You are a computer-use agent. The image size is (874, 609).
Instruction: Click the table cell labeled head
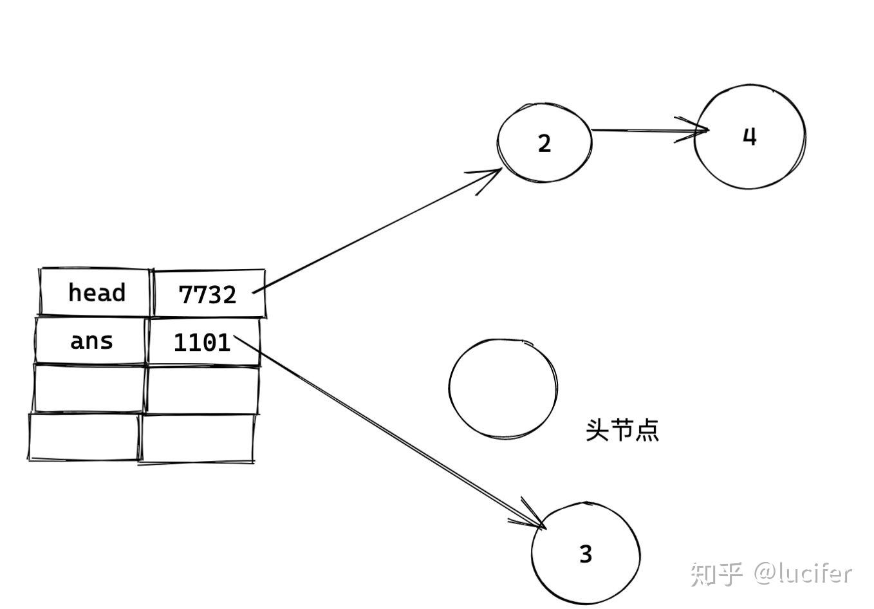pyautogui.click(x=95, y=293)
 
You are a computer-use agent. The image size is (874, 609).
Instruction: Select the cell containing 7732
pyautogui.click(x=208, y=294)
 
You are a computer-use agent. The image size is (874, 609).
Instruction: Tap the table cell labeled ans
pyautogui.click(x=91, y=341)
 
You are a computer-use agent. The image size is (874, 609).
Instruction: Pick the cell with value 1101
pyautogui.click(x=202, y=342)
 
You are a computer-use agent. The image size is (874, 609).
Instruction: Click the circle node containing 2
pyautogui.click(x=544, y=142)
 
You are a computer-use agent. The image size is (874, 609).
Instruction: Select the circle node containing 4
pyautogui.click(x=749, y=136)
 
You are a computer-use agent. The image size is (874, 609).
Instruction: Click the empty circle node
pyautogui.click(x=503, y=388)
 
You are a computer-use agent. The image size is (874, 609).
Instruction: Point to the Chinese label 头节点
pyautogui.click(x=622, y=430)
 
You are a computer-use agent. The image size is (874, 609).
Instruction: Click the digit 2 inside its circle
pyautogui.click(x=544, y=144)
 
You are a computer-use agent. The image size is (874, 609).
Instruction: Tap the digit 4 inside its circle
pyautogui.click(x=749, y=136)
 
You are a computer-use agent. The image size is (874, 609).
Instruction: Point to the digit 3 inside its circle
pyautogui.click(x=585, y=554)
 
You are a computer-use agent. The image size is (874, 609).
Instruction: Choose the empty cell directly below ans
pyautogui.click(x=89, y=388)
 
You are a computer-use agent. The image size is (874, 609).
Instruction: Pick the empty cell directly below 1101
pyautogui.click(x=202, y=389)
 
